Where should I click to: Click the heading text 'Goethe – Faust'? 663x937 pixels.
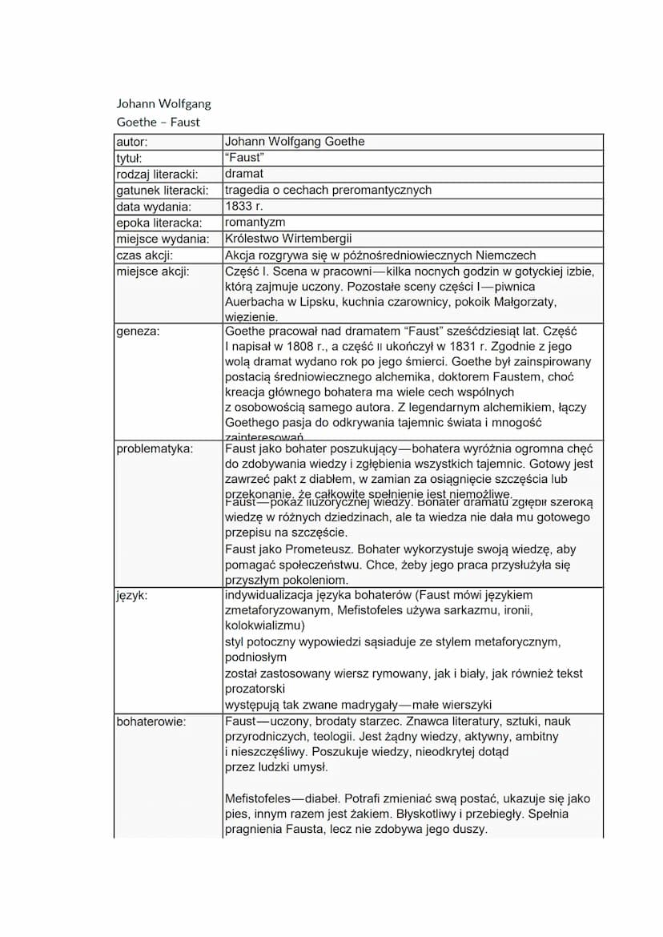pyautogui.click(x=158, y=123)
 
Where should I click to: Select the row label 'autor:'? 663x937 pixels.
pyautogui.click(x=132, y=142)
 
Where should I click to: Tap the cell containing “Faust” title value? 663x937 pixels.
pyautogui.click(x=244, y=158)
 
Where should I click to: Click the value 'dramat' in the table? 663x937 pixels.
pyautogui.click(x=244, y=174)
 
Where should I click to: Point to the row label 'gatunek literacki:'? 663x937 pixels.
pyautogui.click(x=162, y=190)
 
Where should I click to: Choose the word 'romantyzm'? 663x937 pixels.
pyautogui.click(x=255, y=222)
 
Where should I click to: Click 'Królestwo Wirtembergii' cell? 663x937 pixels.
pyautogui.click(x=288, y=239)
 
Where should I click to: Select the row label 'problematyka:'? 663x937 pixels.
pyautogui.click(x=155, y=448)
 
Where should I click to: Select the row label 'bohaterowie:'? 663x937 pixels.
pyautogui.click(x=151, y=722)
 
